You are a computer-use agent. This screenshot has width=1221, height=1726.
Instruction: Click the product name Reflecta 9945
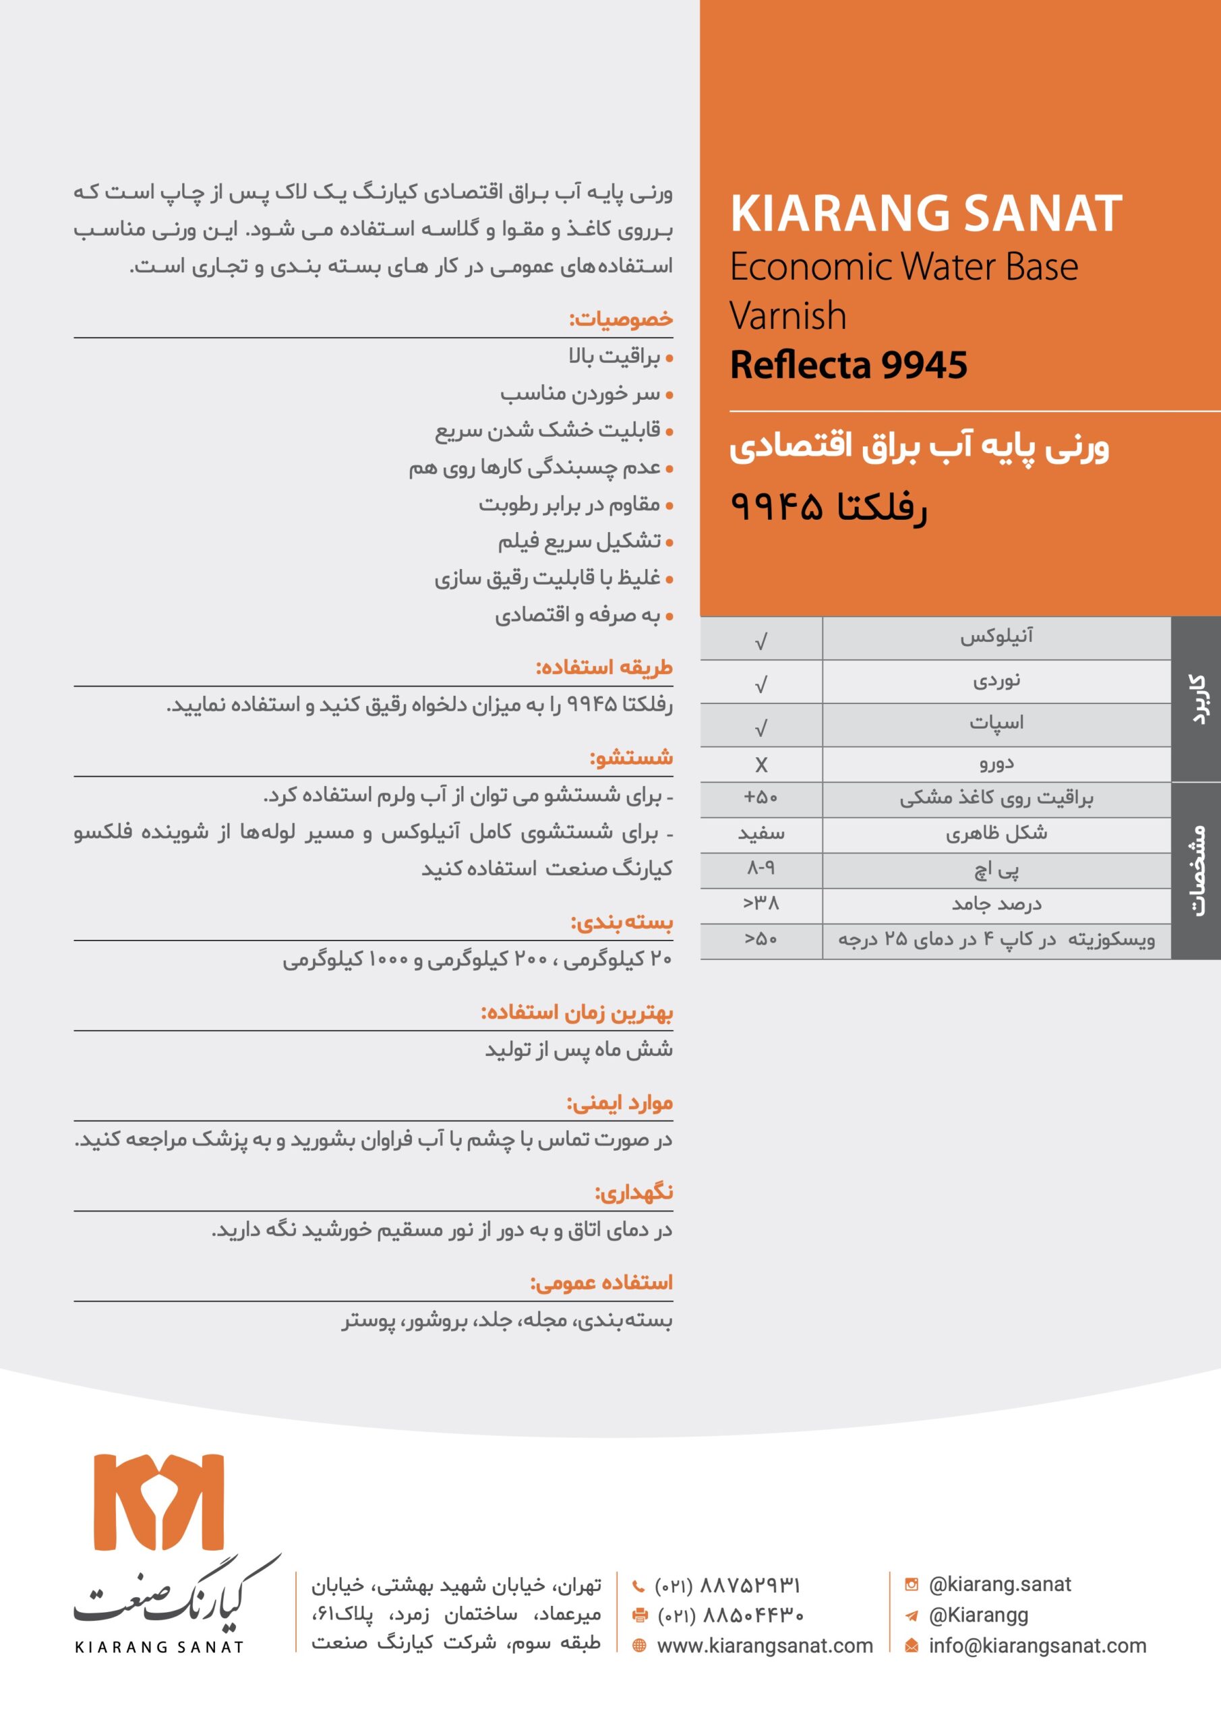(848, 365)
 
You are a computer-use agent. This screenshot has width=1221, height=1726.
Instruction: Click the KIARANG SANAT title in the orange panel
(926, 214)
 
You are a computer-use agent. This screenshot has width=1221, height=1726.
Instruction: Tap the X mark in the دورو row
(761, 765)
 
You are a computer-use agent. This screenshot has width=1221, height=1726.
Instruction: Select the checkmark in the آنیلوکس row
(761, 641)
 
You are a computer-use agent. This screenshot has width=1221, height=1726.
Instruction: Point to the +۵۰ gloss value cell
(761, 798)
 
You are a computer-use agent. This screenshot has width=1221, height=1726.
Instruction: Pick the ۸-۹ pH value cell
(761, 868)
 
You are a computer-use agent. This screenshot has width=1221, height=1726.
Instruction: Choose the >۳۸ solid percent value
(761, 903)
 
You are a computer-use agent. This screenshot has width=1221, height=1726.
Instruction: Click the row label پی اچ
(996, 870)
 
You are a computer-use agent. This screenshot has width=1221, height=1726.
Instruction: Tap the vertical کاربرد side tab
(1196, 699)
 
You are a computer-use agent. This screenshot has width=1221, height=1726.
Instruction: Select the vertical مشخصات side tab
(1196, 870)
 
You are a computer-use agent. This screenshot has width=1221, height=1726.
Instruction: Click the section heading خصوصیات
(620, 320)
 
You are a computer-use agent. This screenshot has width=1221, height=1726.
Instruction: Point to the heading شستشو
(631, 758)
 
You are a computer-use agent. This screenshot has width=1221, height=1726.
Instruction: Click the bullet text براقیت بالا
(614, 357)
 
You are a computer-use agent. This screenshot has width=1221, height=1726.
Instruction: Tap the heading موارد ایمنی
(619, 1104)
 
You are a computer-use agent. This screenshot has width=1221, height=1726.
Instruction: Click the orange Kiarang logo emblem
(158, 1502)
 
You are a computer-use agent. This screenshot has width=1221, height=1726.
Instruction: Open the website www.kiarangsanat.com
(765, 1646)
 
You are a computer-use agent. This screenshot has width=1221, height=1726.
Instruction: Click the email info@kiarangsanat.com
(1037, 1646)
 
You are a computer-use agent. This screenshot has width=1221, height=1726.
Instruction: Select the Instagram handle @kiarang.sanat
(999, 1584)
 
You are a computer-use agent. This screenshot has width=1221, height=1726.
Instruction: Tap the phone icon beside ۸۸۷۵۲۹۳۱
(638, 1586)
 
